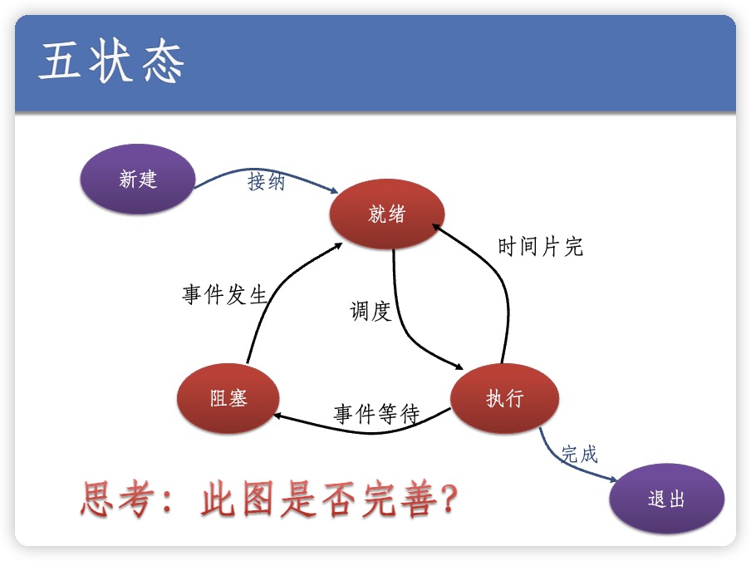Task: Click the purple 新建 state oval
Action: tap(137, 179)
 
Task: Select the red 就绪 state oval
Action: tap(386, 214)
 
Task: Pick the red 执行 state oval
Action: tap(504, 398)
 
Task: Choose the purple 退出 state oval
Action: tap(666, 499)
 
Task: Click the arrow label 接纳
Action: tap(266, 182)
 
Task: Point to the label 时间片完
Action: tap(540, 247)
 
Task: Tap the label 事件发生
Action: tap(224, 295)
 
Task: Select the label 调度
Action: tap(370, 312)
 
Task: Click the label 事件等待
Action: tap(376, 414)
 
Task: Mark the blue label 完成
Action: tap(579, 454)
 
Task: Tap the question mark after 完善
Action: tap(449, 500)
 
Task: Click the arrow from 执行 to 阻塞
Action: tap(366, 426)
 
